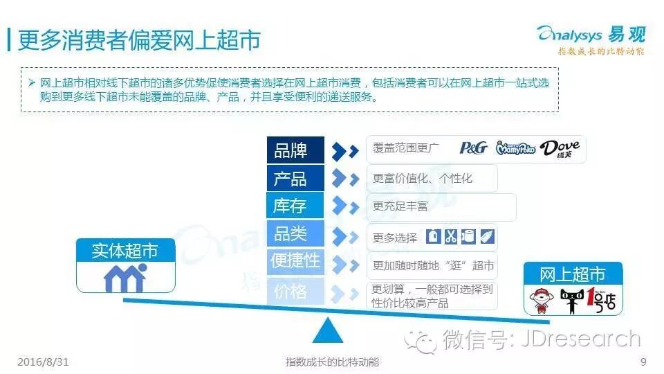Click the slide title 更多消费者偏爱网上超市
click(x=138, y=40)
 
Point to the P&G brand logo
click(x=474, y=148)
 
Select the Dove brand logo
click(x=560, y=148)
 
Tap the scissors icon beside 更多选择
click(x=451, y=236)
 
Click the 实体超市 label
click(x=124, y=251)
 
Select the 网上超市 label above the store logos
click(x=572, y=274)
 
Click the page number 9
click(x=643, y=362)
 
